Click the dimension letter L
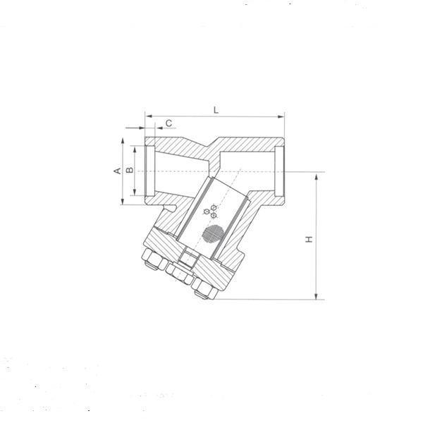tap(216, 110)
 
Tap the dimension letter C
tap(169, 123)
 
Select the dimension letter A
tap(118, 171)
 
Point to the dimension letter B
tap(130, 170)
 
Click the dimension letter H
tap(309, 239)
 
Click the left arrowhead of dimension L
tap(149, 116)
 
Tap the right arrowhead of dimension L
tap(281, 117)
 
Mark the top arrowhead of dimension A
tap(123, 141)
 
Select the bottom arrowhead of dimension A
tap(123, 201)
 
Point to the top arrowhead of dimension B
tap(135, 149)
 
